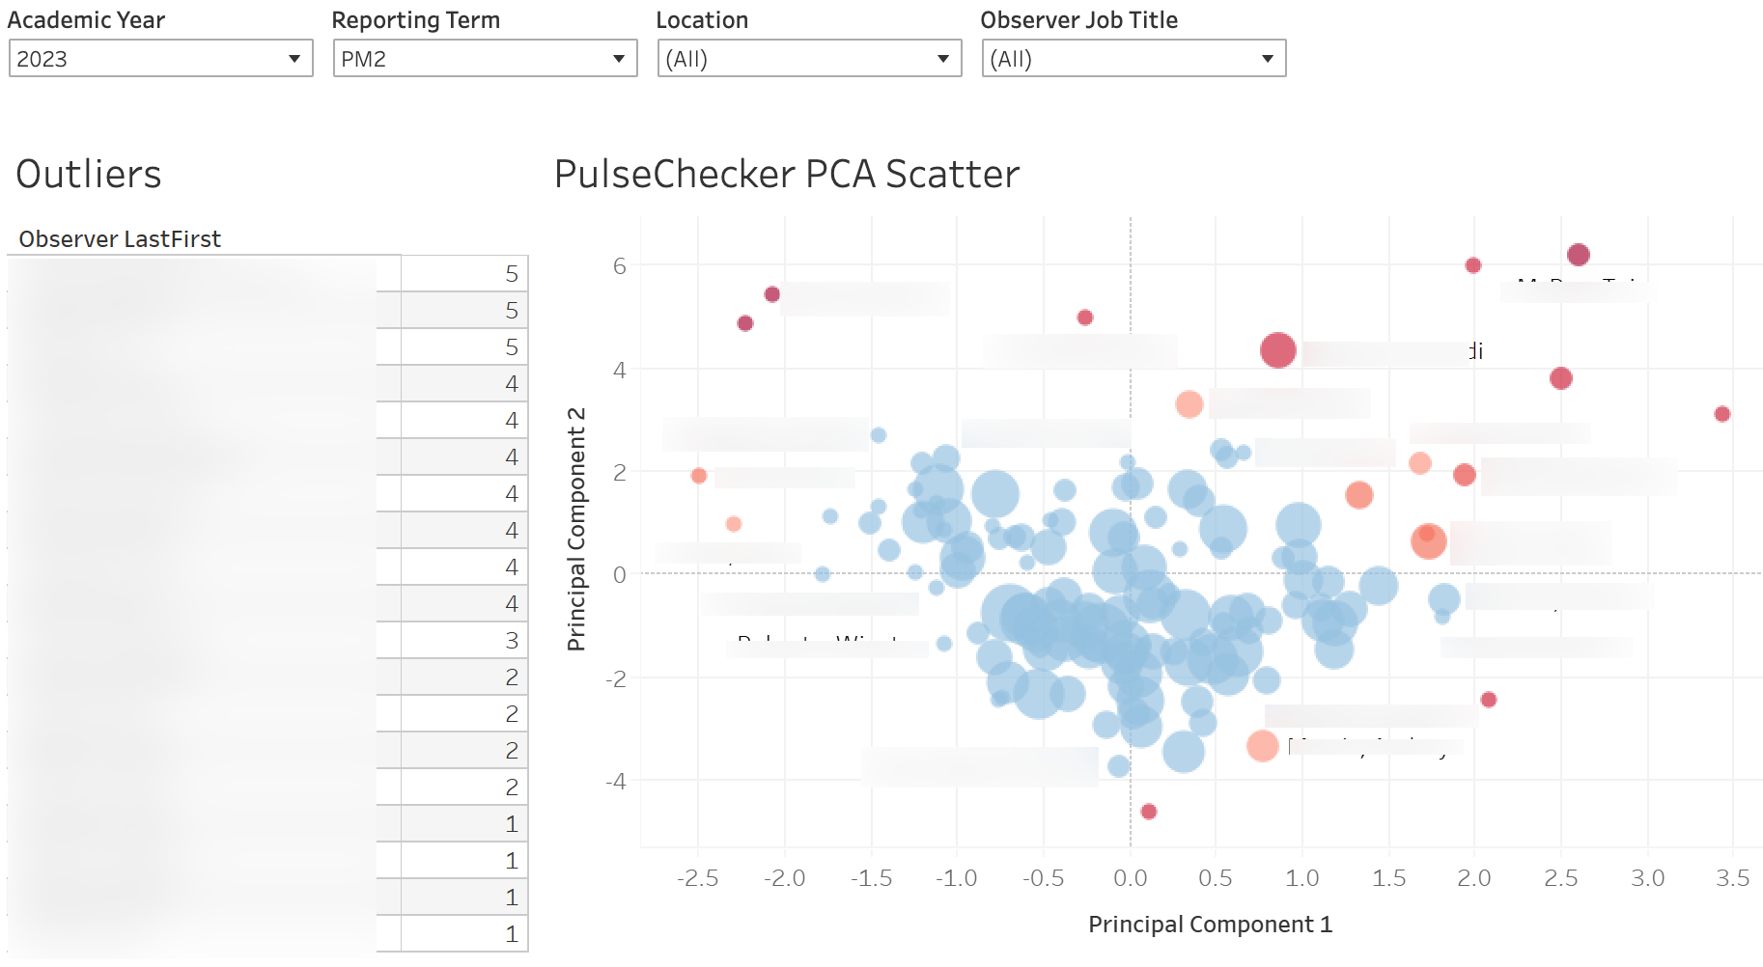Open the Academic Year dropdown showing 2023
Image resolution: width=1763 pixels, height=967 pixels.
click(160, 59)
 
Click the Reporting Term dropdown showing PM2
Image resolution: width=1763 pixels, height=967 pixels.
click(485, 59)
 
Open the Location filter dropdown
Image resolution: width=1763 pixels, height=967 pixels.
click(809, 59)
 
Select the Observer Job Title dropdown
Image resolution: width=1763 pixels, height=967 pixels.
click(1133, 59)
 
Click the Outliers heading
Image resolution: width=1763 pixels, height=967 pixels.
click(89, 175)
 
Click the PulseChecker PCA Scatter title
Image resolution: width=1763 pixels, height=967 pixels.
click(786, 175)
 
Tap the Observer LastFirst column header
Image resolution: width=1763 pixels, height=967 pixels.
click(120, 239)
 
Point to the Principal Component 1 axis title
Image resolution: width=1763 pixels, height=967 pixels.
click(1210, 925)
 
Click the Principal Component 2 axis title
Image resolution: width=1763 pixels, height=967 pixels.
click(576, 529)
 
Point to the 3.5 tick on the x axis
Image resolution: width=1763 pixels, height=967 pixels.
click(1732, 878)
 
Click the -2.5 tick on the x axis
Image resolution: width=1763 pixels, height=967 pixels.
click(697, 878)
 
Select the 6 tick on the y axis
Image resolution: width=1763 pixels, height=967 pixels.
click(620, 266)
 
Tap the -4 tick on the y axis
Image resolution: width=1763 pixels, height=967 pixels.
click(616, 781)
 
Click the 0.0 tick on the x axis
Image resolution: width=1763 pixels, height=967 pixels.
click(1130, 878)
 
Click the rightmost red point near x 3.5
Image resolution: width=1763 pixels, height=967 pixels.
click(1721, 414)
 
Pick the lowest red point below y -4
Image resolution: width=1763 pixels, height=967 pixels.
click(1148, 812)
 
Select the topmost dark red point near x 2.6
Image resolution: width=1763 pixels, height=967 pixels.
click(1578, 255)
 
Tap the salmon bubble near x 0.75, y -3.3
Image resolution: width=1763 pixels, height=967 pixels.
click(1262, 745)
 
